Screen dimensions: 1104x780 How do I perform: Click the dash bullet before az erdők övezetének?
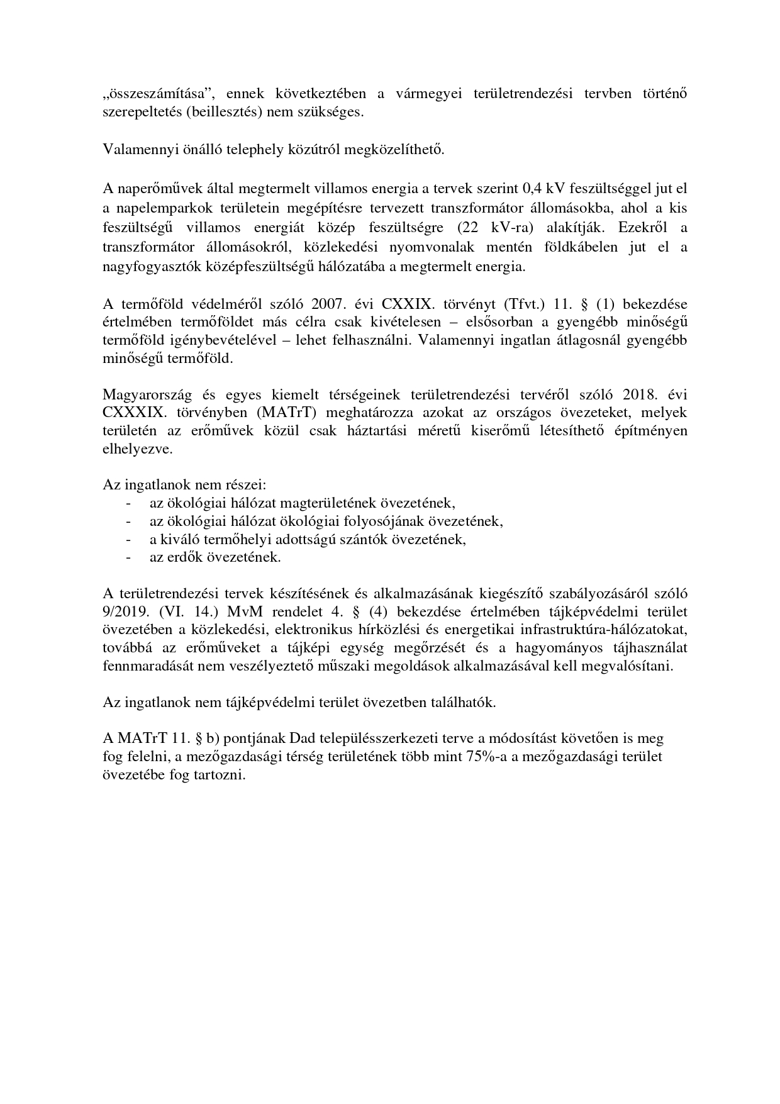(x=129, y=557)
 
